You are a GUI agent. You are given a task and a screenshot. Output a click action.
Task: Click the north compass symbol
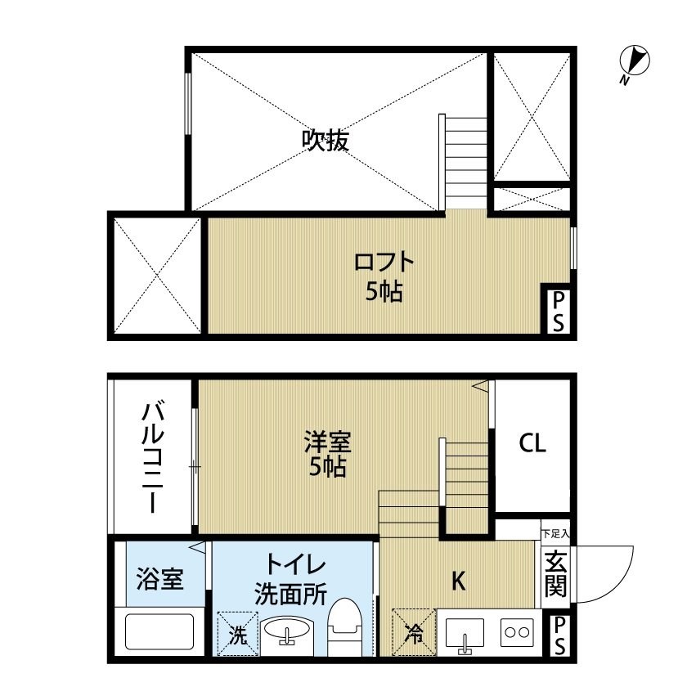tap(635, 61)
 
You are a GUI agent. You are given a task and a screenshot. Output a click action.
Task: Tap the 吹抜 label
tap(326, 141)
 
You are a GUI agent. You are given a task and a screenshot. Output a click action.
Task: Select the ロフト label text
tap(384, 263)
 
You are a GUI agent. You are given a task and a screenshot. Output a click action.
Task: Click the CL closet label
tap(532, 443)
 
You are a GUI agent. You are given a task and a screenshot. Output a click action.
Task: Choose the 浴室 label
tap(159, 579)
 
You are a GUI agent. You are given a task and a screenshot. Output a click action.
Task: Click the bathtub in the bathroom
tap(159, 633)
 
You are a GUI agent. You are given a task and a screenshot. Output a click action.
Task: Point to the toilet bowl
tap(344, 628)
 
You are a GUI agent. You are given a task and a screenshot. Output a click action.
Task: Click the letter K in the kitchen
tap(460, 581)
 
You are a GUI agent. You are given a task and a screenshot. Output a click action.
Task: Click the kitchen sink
tap(465, 634)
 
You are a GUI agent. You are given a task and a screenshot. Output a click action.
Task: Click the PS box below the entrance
tap(559, 635)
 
